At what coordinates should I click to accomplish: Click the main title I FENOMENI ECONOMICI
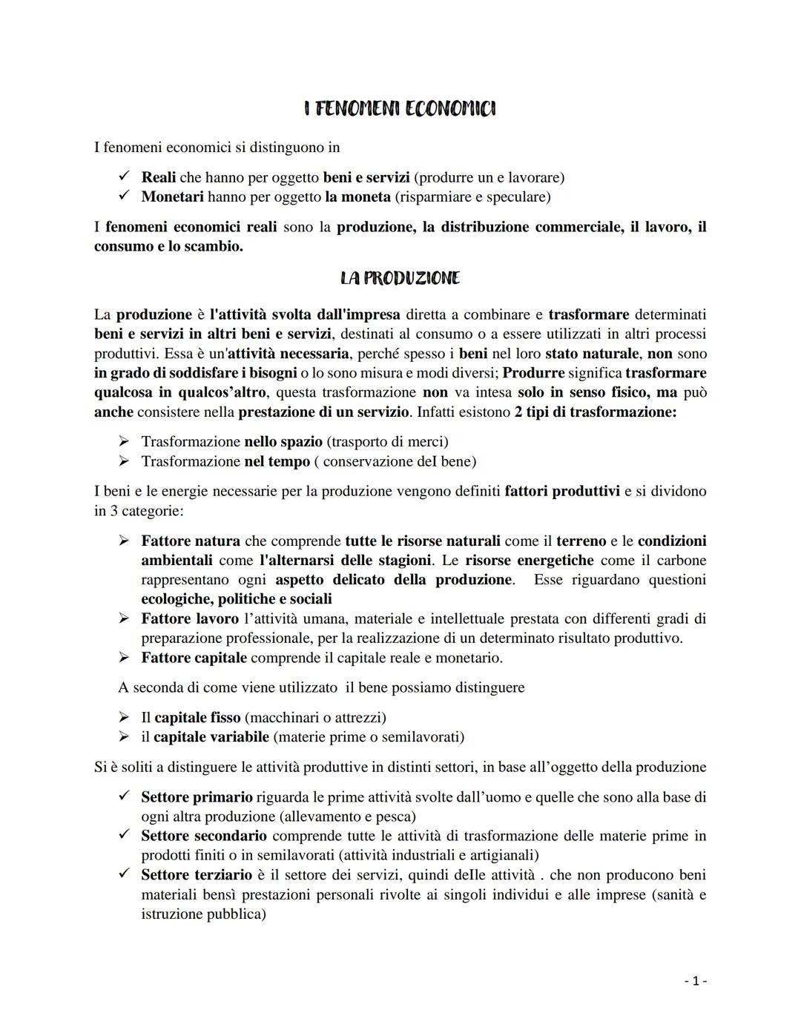click(400, 109)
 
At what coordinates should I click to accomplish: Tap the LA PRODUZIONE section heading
click(400, 278)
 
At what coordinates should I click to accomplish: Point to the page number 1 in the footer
click(695, 981)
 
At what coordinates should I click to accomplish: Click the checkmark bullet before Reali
click(125, 176)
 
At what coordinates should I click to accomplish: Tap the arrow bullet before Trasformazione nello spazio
click(125, 442)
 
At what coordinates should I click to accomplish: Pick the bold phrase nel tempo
click(277, 461)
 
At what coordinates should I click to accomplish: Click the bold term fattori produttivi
click(561, 491)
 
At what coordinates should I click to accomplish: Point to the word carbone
click(681, 560)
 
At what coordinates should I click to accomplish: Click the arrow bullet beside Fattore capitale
click(125, 658)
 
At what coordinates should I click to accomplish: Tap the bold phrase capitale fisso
click(197, 717)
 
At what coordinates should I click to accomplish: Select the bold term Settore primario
click(197, 796)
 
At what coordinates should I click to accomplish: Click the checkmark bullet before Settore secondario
click(125, 835)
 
